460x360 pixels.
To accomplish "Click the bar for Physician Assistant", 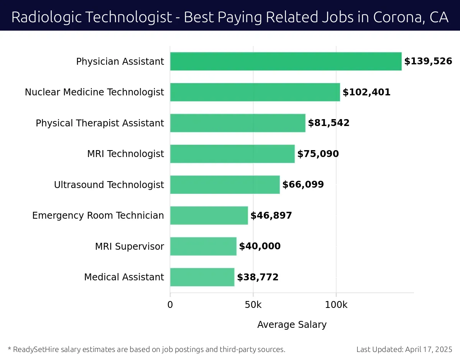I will [286, 61].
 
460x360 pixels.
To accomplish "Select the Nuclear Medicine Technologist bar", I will [255, 92].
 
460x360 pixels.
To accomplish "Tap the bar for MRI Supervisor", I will [203, 246].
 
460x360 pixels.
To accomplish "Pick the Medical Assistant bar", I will [202, 277].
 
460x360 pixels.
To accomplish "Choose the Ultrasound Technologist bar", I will [225, 185].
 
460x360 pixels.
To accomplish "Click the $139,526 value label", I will [428, 61].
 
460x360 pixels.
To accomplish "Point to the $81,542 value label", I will [329, 123].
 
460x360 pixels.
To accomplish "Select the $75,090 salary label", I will [318, 154].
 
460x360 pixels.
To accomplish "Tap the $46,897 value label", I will [271, 216].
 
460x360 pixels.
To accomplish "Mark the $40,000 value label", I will [260, 246].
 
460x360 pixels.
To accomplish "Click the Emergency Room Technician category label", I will [98, 216].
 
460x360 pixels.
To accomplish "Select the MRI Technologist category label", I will [125, 154].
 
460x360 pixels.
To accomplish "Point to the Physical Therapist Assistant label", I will [100, 123].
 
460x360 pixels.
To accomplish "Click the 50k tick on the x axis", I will [253, 305].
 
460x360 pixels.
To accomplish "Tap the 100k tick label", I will [336, 305].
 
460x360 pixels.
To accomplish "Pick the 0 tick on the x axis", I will [170, 305].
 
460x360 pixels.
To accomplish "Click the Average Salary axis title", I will [292, 325].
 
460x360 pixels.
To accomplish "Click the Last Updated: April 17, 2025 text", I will [404, 349].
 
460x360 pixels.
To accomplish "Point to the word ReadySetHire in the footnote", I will [35, 349].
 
